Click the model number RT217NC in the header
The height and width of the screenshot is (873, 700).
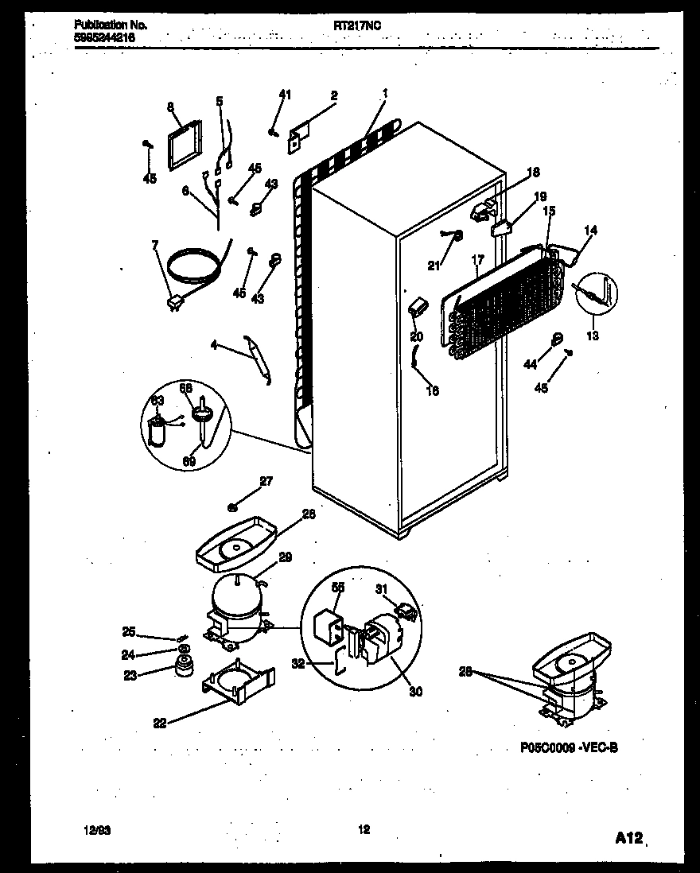(356, 25)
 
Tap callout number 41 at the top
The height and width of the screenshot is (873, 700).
(285, 95)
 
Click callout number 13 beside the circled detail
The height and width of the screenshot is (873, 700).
(591, 336)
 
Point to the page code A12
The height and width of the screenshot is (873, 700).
(628, 837)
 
